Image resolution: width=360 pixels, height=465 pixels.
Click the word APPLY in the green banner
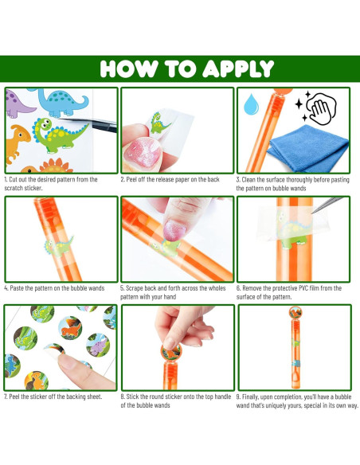(238, 69)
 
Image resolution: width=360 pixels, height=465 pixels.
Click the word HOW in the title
(129, 69)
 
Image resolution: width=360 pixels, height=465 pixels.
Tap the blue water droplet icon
(251, 104)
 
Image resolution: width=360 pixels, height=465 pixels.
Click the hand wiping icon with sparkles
(316, 107)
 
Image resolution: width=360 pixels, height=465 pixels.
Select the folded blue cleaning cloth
(307, 148)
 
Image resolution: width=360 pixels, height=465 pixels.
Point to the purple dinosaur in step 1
(18, 104)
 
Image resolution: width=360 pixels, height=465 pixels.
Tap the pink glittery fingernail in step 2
(143, 151)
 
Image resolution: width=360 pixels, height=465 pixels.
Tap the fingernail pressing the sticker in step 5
(175, 230)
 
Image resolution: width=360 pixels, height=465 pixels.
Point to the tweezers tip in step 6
(313, 213)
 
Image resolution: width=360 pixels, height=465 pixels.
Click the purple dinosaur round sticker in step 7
(98, 344)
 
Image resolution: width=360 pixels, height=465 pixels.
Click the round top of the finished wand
(295, 313)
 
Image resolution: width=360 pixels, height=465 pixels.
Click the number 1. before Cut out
(6, 179)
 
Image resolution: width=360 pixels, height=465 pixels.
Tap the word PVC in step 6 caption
(303, 288)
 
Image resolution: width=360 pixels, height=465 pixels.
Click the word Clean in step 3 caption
(249, 180)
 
